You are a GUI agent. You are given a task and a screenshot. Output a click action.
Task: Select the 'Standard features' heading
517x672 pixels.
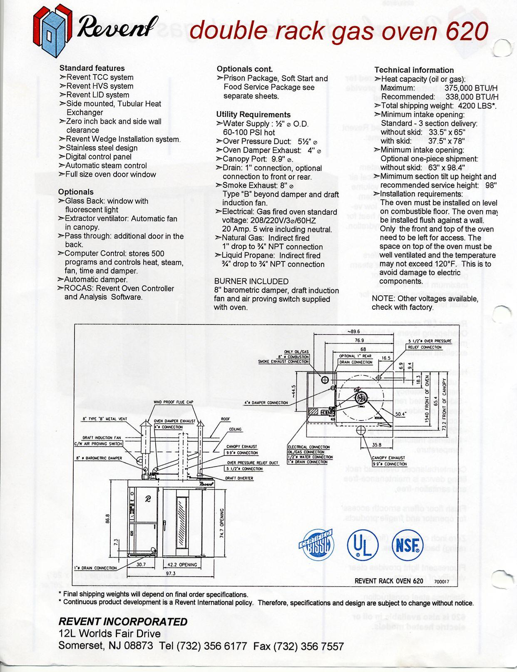[92, 68]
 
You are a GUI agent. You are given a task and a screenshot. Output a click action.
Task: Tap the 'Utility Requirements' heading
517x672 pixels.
[253, 114]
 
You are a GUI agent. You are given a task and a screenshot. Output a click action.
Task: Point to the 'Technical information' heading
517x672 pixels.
[414, 70]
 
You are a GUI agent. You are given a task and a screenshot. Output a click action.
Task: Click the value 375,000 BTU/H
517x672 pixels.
[471, 88]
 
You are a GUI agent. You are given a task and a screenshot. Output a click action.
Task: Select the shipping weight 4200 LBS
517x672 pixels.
[477, 106]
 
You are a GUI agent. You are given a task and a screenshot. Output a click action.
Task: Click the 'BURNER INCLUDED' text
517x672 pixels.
[251, 281]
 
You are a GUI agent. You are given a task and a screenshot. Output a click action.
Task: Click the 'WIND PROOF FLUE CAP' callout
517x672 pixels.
[173, 402]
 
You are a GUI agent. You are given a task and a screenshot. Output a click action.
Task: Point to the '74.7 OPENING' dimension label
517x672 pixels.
[221, 523]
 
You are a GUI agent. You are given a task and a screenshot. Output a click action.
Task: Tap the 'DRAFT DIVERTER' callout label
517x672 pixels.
[239, 478]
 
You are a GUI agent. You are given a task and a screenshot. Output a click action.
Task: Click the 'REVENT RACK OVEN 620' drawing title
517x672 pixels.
[389, 581]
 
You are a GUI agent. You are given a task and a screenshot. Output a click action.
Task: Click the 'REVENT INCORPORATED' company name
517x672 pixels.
[123, 622]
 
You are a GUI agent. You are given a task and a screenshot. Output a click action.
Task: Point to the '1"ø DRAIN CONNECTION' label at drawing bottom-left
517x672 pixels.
[95, 568]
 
